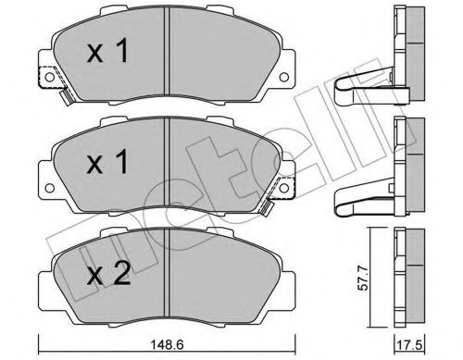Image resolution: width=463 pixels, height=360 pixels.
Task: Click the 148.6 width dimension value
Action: click(167, 344)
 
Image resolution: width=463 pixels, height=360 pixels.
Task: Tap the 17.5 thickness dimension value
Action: click(409, 345)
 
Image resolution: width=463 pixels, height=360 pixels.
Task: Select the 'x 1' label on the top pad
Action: click(107, 52)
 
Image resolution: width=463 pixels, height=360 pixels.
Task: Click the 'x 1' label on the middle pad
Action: click(107, 161)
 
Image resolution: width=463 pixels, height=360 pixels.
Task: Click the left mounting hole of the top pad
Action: click(49, 77)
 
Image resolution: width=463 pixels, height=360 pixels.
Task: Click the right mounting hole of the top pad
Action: click(284, 77)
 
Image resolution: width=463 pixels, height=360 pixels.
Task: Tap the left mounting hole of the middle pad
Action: click(49, 188)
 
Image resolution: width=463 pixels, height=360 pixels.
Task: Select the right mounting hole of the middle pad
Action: click(284, 188)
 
